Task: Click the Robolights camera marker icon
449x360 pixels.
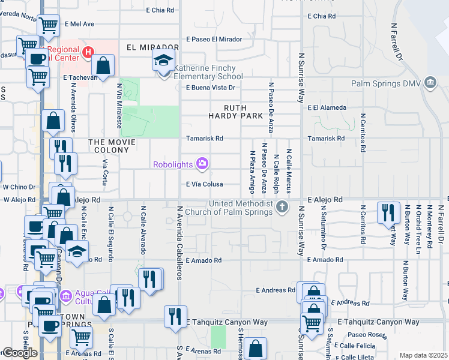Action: (203, 163)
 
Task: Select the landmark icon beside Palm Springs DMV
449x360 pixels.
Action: (429, 82)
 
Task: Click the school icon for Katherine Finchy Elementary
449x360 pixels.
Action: (162, 61)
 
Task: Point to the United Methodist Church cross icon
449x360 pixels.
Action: (283, 207)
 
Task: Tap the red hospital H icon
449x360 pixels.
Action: (88, 53)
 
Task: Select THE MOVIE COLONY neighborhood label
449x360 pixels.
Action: (118, 142)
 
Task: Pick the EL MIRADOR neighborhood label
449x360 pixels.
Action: (152, 47)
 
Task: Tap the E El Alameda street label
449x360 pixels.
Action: (327, 108)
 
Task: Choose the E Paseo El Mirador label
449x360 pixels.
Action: (214, 39)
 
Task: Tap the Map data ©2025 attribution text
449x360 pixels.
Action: (423, 355)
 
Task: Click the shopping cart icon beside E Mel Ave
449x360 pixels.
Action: (49, 25)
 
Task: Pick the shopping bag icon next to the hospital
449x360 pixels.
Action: (104, 65)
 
